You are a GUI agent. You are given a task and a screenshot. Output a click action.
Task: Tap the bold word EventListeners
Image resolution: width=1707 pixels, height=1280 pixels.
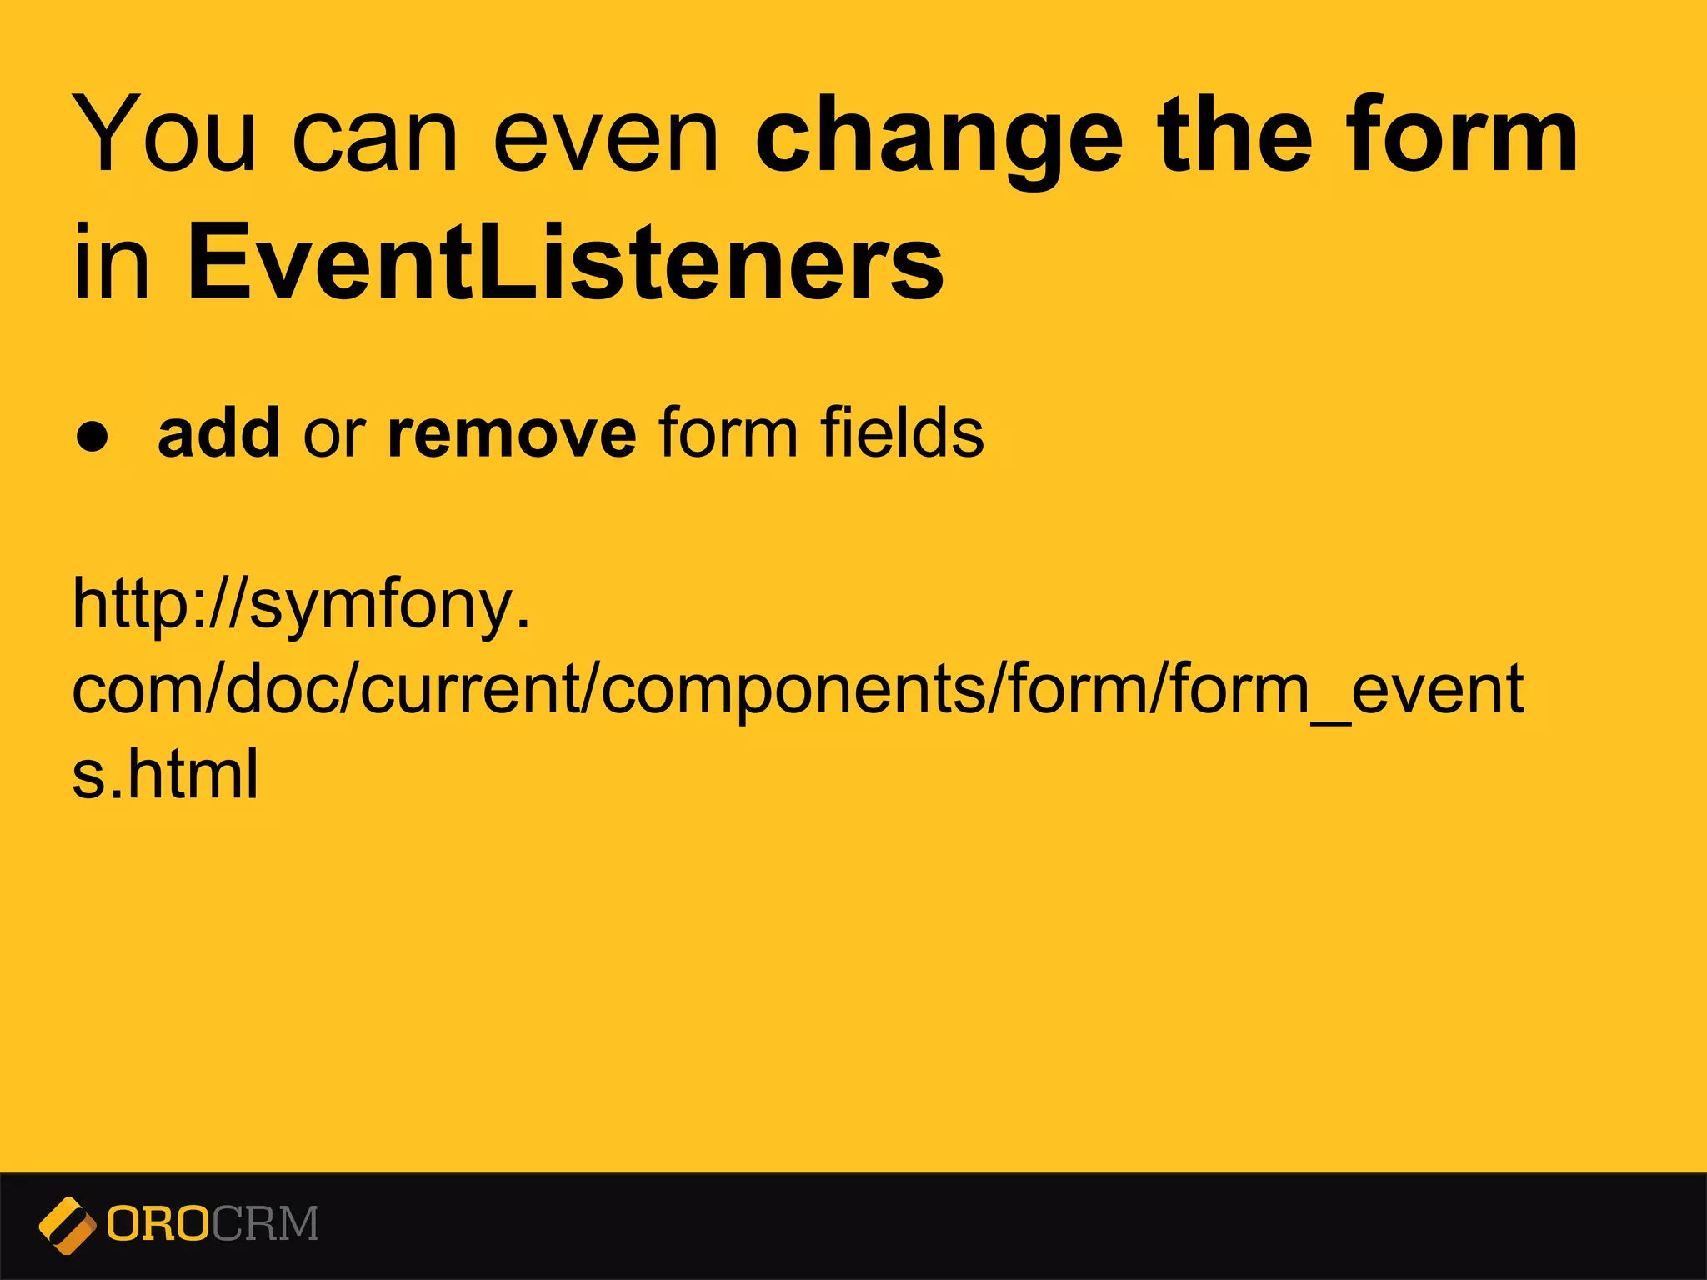(566, 262)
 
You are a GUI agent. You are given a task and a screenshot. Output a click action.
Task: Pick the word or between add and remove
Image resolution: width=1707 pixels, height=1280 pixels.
(333, 436)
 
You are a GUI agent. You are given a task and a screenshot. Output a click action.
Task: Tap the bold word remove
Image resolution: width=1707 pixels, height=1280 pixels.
(512, 434)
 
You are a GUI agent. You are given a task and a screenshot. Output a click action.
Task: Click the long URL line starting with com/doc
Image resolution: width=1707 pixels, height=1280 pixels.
(798, 692)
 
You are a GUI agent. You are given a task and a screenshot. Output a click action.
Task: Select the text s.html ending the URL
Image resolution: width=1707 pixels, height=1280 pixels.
(165, 775)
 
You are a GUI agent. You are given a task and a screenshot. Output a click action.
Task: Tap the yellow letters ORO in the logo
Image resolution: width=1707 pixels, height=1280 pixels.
(158, 1224)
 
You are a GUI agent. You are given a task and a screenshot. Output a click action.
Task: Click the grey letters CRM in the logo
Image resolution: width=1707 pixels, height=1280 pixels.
(265, 1224)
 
